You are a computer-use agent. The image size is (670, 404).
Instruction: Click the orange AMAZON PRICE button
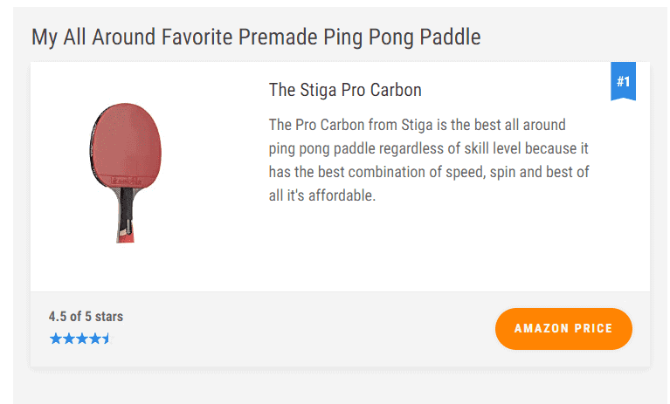click(x=563, y=328)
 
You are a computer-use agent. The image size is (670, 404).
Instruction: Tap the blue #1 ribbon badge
click(x=623, y=81)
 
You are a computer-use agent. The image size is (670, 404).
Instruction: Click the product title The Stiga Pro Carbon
click(x=345, y=90)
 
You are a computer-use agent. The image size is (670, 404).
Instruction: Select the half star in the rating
click(x=107, y=339)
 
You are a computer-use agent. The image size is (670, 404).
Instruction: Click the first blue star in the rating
click(x=56, y=339)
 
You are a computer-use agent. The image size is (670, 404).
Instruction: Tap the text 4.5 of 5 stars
click(x=86, y=317)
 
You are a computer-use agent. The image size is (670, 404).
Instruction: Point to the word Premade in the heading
click(x=278, y=37)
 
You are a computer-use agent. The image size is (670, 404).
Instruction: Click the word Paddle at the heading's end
click(x=450, y=37)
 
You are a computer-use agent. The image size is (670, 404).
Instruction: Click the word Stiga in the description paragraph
click(x=417, y=125)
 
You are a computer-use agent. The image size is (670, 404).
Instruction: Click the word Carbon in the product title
click(x=396, y=90)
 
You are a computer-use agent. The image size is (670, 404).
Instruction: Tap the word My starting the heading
click(x=45, y=38)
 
